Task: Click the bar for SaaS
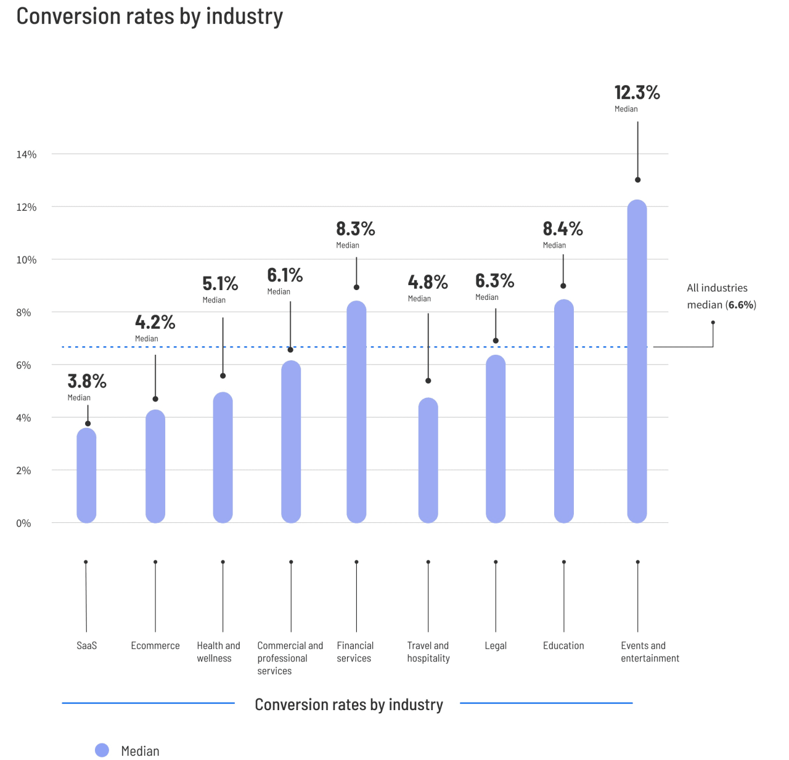click(x=86, y=475)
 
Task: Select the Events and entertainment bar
click(x=637, y=362)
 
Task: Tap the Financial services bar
click(x=356, y=412)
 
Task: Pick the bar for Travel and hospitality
click(x=428, y=460)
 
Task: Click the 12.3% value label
click(x=637, y=93)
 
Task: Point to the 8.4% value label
click(x=562, y=229)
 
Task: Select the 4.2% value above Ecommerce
click(x=155, y=322)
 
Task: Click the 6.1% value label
click(x=285, y=275)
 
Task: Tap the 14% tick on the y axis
click(x=27, y=155)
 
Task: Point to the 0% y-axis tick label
click(x=23, y=524)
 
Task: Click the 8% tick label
click(x=23, y=313)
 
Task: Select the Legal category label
click(x=496, y=645)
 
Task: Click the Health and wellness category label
click(x=218, y=652)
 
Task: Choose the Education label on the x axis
click(x=563, y=645)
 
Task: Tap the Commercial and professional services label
click(x=290, y=658)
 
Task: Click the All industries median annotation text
click(x=721, y=296)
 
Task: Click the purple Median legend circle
click(x=102, y=750)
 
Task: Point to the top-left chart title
click(x=150, y=17)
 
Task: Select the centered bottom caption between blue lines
click(x=349, y=705)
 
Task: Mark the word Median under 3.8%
click(x=79, y=398)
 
